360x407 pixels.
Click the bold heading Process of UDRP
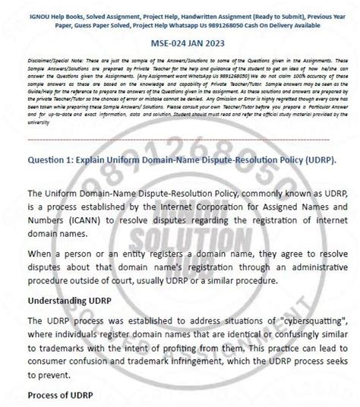pyautogui.click(x=62, y=395)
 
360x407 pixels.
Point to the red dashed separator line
pyautogui.click(x=180, y=140)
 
